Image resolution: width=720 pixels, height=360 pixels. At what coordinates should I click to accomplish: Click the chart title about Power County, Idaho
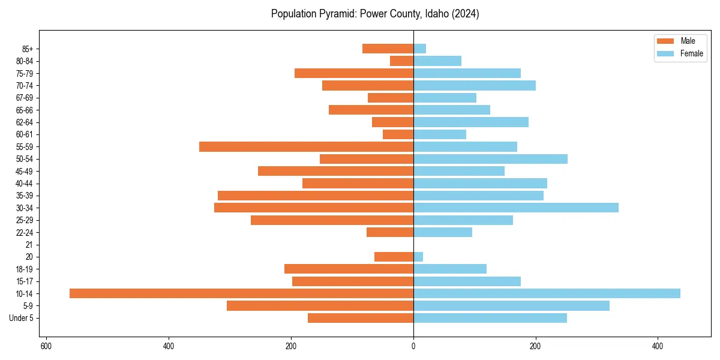pos(375,14)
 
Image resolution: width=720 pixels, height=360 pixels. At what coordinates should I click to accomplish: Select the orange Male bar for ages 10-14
pos(241,293)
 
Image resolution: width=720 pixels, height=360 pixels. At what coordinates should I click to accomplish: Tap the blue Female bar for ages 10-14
pos(547,293)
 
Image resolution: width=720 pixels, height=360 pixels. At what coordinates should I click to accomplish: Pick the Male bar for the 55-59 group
pos(306,146)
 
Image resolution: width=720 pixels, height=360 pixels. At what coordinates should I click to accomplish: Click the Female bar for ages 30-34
pos(516,208)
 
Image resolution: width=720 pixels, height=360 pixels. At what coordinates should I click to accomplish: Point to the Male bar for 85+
pos(388,49)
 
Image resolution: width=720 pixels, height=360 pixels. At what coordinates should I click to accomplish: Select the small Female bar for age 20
pos(418,257)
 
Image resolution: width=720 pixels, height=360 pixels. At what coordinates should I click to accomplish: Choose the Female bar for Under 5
pos(490,318)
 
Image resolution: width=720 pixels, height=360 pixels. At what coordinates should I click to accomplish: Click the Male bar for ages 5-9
pos(320,305)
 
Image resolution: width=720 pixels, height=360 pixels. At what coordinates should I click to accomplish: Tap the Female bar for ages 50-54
pos(490,159)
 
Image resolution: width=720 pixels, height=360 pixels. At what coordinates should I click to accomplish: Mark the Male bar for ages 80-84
pos(401,61)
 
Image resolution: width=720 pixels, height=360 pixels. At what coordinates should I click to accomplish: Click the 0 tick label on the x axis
pos(413,346)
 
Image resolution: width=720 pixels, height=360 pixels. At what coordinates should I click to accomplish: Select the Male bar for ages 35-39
pos(316,196)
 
